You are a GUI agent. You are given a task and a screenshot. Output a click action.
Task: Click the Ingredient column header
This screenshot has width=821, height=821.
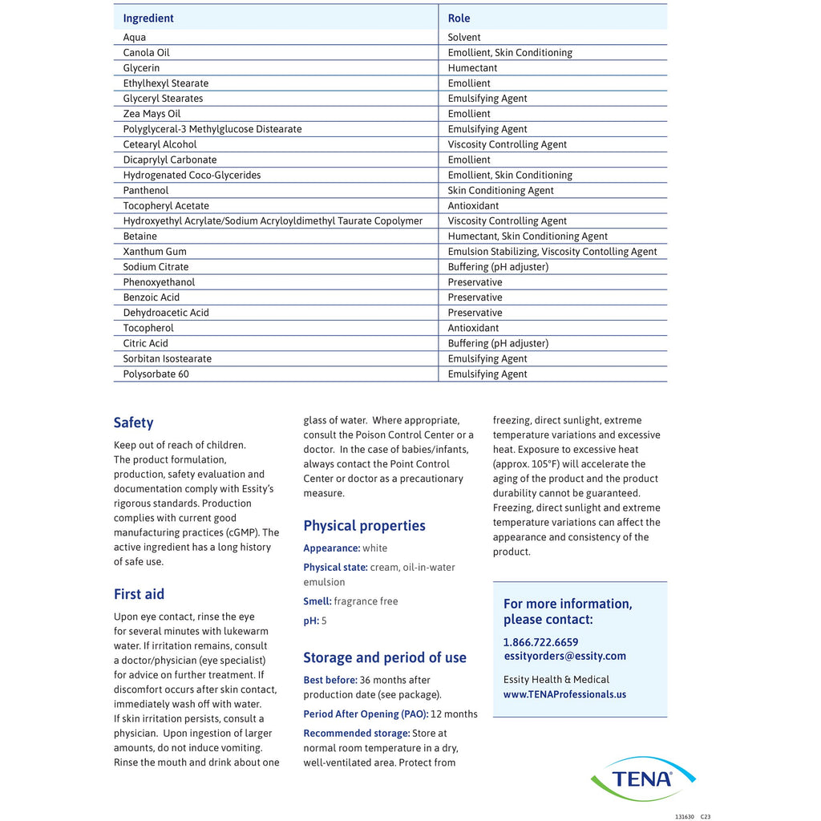click(148, 18)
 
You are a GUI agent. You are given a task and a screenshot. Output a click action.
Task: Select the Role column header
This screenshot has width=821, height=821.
click(459, 18)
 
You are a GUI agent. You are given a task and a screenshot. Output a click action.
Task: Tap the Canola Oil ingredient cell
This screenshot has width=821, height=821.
click(147, 53)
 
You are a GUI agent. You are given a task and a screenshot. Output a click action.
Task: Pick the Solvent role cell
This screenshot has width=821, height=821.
click(464, 38)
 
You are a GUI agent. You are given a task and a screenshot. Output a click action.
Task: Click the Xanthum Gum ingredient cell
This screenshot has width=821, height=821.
click(155, 252)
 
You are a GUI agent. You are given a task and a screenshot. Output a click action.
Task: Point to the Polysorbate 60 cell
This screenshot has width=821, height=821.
click(156, 374)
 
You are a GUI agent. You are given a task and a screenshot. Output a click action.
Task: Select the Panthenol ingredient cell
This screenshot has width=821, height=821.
click(146, 191)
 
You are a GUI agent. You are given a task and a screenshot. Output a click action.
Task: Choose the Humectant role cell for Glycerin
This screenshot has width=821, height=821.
click(472, 68)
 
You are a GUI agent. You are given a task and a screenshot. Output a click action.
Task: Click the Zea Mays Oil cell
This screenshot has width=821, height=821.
click(152, 114)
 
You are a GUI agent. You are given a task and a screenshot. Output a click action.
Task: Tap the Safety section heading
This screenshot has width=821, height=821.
click(133, 423)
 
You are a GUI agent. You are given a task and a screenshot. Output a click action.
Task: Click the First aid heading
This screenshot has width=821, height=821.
click(139, 594)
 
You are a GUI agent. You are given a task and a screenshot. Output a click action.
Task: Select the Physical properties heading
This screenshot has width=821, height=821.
click(364, 526)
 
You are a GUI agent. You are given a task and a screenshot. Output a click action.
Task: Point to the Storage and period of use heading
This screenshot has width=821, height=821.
click(385, 657)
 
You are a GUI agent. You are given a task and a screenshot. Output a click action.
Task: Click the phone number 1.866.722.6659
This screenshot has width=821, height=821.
click(540, 642)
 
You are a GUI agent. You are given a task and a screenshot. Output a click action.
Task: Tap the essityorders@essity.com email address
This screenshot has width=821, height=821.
click(564, 656)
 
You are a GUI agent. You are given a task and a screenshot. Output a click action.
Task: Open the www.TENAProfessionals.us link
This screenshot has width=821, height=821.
click(564, 694)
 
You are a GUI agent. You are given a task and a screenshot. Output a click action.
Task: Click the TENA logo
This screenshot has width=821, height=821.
click(642, 778)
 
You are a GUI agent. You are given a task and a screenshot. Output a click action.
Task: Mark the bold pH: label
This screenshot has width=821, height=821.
click(311, 621)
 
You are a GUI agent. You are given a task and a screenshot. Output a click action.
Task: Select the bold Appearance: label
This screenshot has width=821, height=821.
click(331, 548)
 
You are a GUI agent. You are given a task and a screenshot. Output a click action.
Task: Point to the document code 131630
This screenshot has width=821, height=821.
click(684, 817)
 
